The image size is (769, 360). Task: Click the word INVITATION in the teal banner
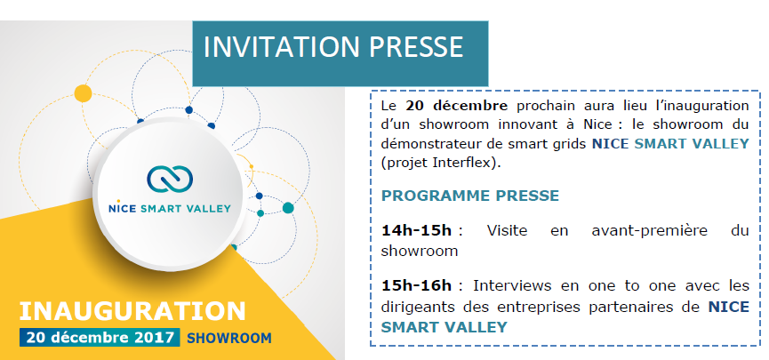282,46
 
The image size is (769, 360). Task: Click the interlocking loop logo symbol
170,179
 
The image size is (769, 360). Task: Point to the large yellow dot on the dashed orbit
83,93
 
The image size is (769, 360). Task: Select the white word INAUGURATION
132,311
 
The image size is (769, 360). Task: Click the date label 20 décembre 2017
100,338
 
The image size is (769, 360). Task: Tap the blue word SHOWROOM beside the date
229,338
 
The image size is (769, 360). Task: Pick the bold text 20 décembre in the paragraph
457,106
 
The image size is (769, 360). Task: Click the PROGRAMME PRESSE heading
470,196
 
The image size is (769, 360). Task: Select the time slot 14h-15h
416,230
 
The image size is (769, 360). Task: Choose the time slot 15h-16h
416,285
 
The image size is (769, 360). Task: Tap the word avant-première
650,230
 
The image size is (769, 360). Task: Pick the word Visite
507,230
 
